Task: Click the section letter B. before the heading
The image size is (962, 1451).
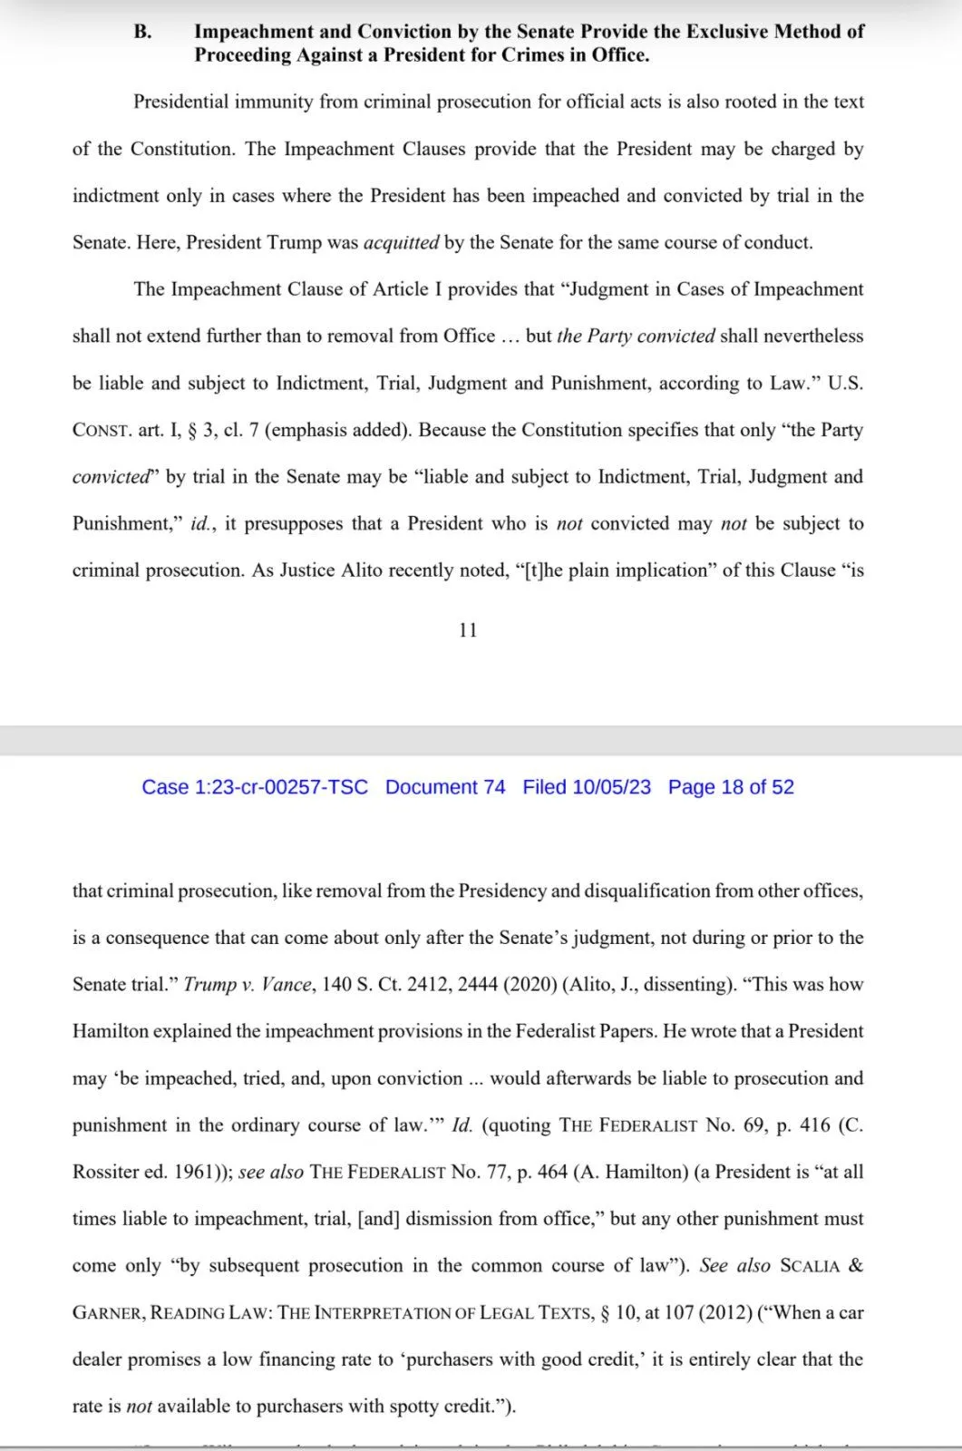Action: click(142, 32)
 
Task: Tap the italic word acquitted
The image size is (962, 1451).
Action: click(401, 243)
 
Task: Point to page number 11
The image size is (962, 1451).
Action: click(468, 630)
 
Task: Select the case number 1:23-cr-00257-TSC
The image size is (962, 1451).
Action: click(281, 787)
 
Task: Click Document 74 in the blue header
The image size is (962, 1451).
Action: click(445, 787)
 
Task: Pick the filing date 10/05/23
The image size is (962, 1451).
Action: click(611, 787)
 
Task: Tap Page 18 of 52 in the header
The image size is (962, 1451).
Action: click(731, 787)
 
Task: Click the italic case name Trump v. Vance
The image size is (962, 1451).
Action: click(248, 985)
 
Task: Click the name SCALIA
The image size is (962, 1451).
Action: click(810, 1266)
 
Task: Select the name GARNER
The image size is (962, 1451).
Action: click(107, 1313)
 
